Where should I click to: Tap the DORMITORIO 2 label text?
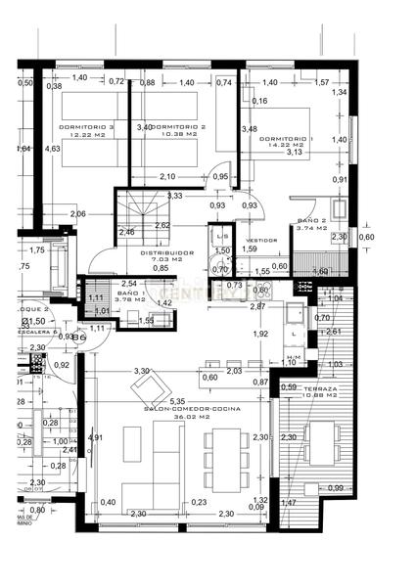click(x=181, y=126)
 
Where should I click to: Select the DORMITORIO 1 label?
click(x=288, y=138)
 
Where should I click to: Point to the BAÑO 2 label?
click(x=310, y=221)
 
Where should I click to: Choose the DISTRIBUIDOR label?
click(x=166, y=251)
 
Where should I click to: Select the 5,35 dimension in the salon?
click(x=177, y=401)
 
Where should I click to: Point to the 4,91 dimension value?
click(x=95, y=437)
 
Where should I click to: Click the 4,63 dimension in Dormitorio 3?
click(x=53, y=149)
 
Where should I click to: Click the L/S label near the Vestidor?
click(x=222, y=238)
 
